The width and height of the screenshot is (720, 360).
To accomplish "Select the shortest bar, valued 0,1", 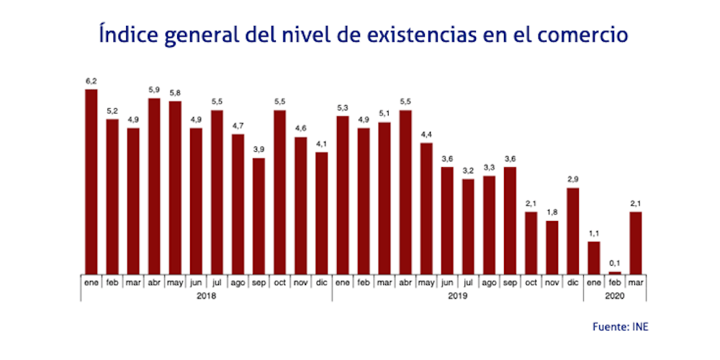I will [x=615, y=272].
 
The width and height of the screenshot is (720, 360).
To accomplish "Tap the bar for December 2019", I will [x=573, y=230].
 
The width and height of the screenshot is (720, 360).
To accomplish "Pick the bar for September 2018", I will [x=258, y=216].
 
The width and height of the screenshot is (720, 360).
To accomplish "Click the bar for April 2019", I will [x=405, y=192].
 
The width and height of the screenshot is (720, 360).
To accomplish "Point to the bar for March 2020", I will [x=636, y=243].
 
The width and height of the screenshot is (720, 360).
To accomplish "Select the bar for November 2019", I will [x=552, y=247].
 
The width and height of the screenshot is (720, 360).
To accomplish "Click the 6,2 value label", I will [x=91, y=81].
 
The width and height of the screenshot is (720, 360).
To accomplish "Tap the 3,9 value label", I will [x=258, y=150].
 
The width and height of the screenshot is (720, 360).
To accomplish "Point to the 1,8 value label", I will [x=552, y=212].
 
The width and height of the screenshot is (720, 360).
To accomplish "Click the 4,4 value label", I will [x=426, y=135].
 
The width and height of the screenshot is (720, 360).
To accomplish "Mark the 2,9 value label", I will [x=573, y=180].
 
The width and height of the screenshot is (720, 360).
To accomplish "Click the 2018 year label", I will [x=206, y=296].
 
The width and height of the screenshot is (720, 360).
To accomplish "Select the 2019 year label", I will [x=457, y=296].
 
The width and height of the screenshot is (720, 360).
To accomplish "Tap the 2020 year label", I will [x=615, y=296].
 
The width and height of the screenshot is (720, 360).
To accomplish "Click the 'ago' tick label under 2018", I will [x=238, y=283].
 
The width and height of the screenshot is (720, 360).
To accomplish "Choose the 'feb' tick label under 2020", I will [x=615, y=283].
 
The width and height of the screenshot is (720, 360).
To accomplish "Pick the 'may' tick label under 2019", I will [x=426, y=283].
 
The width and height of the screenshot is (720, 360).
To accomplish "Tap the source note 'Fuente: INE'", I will [x=621, y=326].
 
